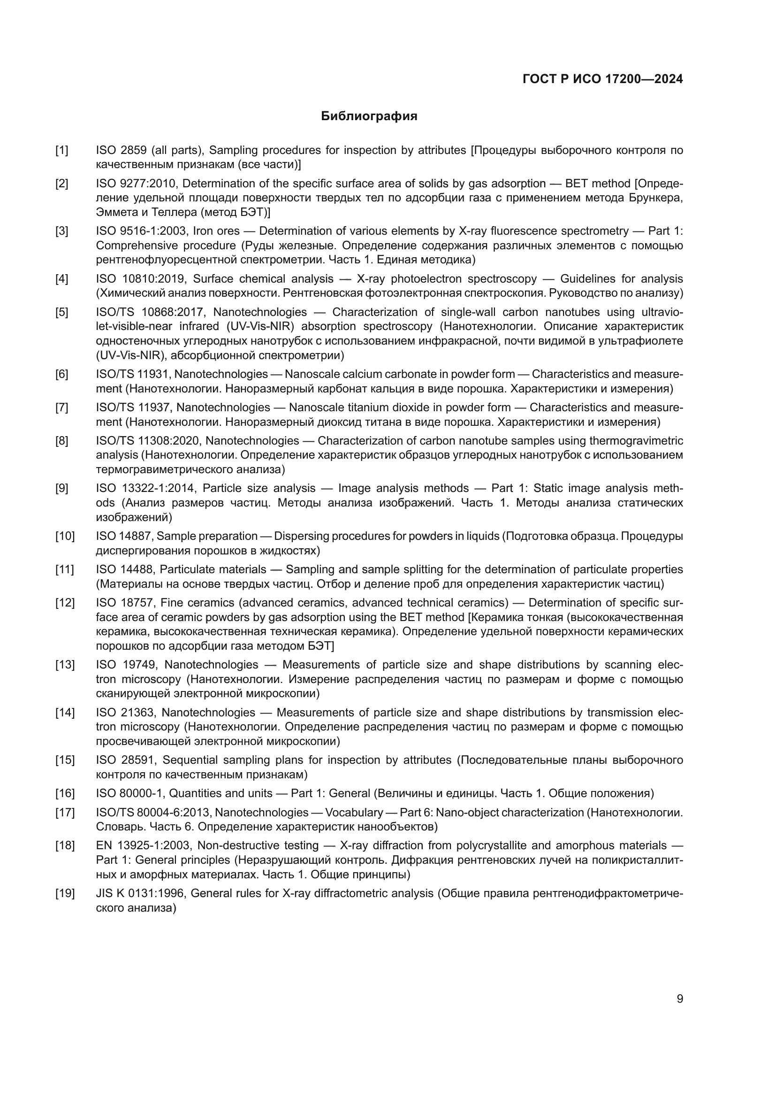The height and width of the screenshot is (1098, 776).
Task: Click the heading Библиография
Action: (369, 116)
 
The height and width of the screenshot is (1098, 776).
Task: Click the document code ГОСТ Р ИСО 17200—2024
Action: (602, 79)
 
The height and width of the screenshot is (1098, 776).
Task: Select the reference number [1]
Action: (61, 151)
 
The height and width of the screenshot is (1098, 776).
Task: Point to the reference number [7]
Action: (61, 408)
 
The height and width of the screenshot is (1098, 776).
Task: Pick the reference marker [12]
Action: (65, 603)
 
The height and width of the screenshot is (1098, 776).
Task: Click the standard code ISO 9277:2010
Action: (136, 184)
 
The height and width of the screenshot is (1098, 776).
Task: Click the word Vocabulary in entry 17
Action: (354, 813)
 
